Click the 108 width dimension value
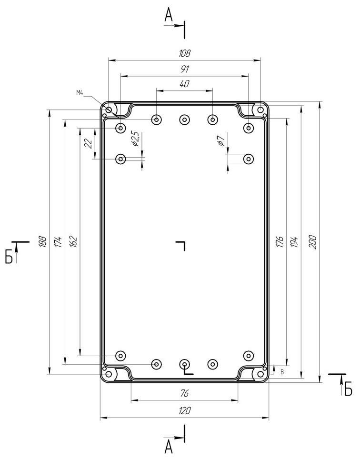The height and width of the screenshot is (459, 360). [185, 53]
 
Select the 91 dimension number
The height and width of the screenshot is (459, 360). [185, 69]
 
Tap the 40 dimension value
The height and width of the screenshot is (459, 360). [184, 84]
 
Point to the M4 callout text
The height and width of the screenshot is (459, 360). [80, 93]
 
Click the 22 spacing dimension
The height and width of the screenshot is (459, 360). [88, 143]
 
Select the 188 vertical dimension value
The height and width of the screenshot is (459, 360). [43, 242]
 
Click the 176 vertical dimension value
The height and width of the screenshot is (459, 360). [280, 242]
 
